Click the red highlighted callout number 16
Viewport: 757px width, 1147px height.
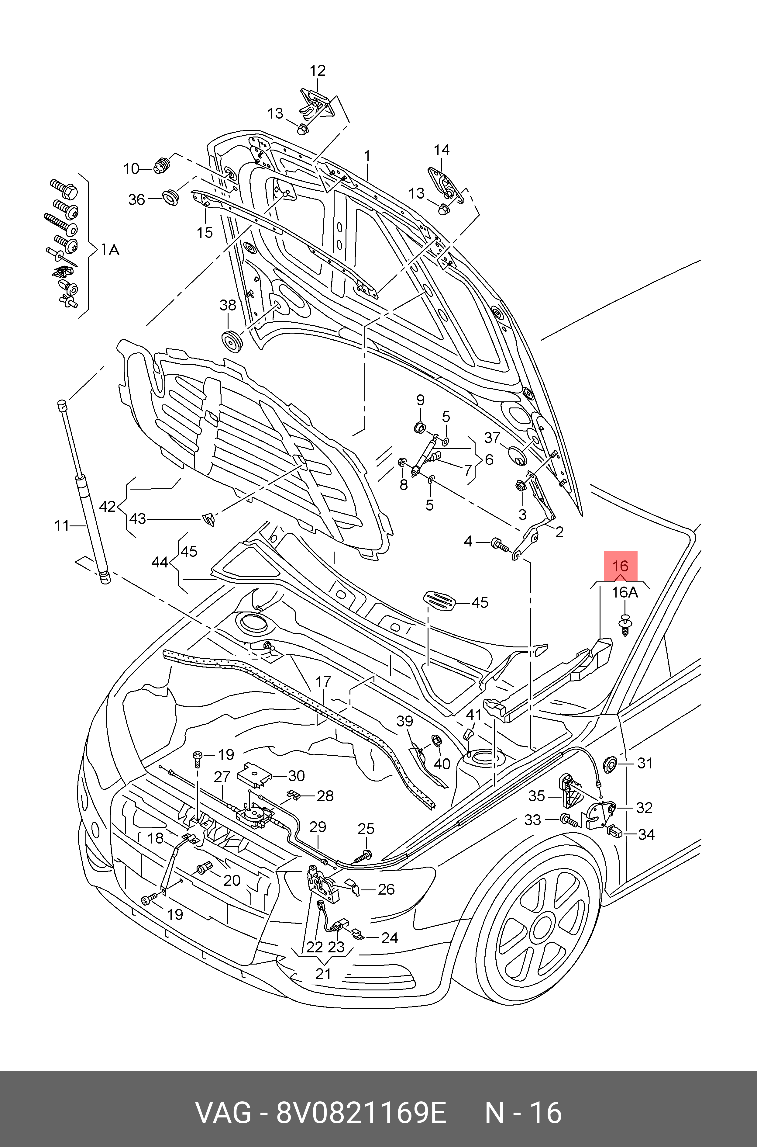[x=620, y=566]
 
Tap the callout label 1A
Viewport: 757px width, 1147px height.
[x=110, y=250]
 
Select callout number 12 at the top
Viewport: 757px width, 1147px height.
[x=318, y=71]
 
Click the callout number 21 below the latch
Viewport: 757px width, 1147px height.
[x=323, y=974]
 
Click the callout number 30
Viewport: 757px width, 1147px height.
[x=296, y=776]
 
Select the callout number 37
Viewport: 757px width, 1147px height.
[x=492, y=438]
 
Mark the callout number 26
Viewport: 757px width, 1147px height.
[x=386, y=889]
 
